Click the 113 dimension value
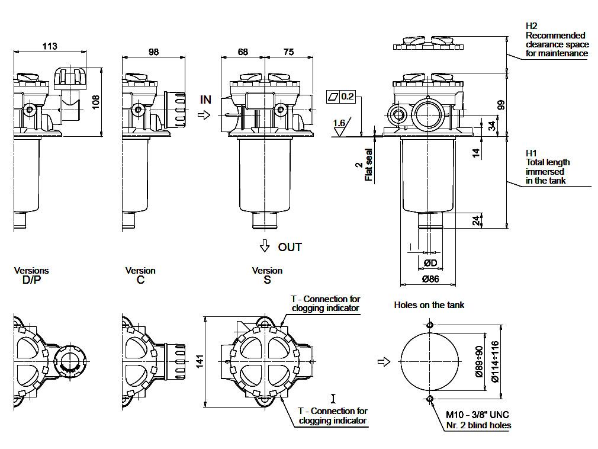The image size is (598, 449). [50, 46]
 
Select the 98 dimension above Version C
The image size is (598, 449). [153, 52]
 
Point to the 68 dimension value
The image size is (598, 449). [243, 52]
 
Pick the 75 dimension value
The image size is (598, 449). [288, 52]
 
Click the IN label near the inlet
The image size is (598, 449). [205, 100]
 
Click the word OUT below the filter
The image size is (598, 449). [290, 247]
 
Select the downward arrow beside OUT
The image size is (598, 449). [265, 246]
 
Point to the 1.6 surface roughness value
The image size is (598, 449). [339, 123]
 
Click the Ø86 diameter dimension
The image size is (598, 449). [430, 278]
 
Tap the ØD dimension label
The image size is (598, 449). [430, 262]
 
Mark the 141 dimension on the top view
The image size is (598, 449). [200, 360]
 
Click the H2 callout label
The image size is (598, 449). [531, 26]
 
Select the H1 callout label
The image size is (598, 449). [531, 153]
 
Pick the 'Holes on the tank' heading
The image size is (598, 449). [429, 305]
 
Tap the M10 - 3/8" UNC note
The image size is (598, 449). [477, 415]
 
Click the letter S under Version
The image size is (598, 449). [267, 280]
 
